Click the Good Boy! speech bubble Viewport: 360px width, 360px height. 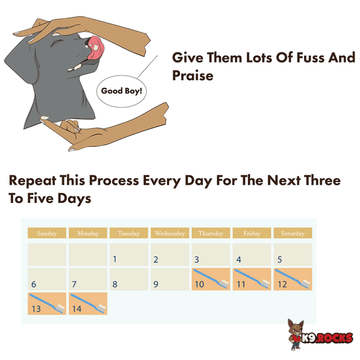pyautogui.click(x=121, y=90)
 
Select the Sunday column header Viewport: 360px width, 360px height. pyautogui.click(x=46, y=233)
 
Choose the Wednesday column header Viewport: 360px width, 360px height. pyautogui.click(x=170, y=233)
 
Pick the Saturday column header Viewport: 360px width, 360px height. pyautogui.click(x=292, y=233)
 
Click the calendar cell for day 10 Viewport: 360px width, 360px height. pyautogui.click(x=210, y=279)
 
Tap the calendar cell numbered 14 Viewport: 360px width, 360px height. pyautogui.click(x=88, y=303)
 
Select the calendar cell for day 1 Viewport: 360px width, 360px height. pyautogui.click(x=128, y=255)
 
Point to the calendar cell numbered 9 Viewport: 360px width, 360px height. pyautogui.click(x=170, y=279)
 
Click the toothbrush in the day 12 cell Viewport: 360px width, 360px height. pyautogui.click(x=292, y=278)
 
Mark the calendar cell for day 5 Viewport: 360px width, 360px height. pyautogui.click(x=292, y=255)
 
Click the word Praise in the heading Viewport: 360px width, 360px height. pyautogui.click(x=193, y=75)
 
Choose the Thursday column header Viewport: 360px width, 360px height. pyautogui.click(x=210, y=233)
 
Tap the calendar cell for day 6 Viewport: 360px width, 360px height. pyautogui.click(x=46, y=279)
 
